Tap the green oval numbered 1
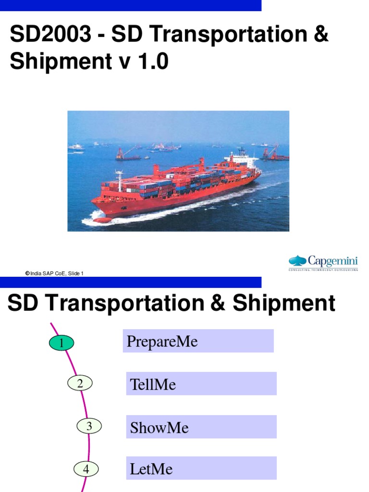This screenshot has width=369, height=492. coord(61,343)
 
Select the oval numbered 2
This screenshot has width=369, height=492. coord(80,383)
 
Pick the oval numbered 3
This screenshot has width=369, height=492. coord(89,426)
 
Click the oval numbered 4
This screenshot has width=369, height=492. coord(86,469)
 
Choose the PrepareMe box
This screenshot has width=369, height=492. coord(198,341)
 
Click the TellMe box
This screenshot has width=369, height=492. coord(201,384)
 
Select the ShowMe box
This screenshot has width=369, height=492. coord(201,427)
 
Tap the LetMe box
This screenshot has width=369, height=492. coord(201,469)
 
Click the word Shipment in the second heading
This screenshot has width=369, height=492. coord(283,304)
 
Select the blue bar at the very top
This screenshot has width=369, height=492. coord(131,5)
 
